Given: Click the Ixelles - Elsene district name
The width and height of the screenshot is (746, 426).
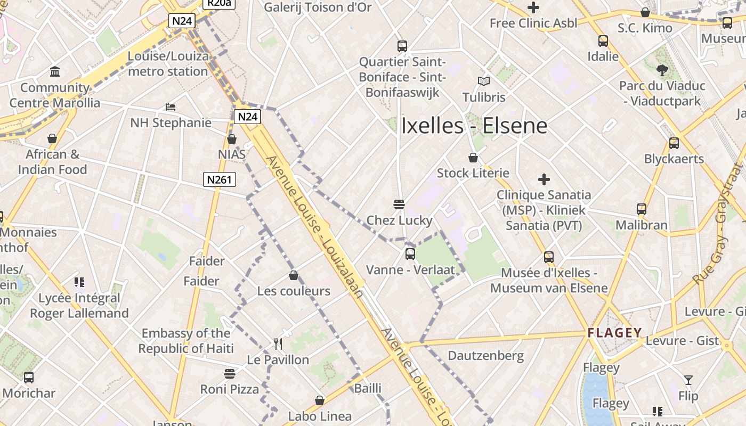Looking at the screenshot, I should [474, 126].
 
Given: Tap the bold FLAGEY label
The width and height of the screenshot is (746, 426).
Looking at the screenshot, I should [614, 333].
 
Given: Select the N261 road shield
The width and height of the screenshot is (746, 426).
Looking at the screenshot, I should [220, 179].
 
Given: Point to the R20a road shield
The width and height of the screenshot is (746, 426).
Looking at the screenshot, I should [219, 3].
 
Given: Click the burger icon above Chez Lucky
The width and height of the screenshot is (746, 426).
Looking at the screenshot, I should [399, 204].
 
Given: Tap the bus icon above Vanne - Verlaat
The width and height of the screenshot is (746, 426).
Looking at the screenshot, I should [410, 254].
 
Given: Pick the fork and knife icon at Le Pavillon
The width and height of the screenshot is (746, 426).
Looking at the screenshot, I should [278, 343].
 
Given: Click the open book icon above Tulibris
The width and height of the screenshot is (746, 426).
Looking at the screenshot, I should [484, 81].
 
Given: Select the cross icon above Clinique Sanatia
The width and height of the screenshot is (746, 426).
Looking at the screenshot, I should [544, 179].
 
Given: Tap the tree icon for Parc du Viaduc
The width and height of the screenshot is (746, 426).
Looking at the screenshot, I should [662, 70].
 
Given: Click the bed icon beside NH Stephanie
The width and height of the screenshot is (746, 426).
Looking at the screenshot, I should [171, 107].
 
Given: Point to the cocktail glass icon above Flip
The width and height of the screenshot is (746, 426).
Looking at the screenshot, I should [688, 380].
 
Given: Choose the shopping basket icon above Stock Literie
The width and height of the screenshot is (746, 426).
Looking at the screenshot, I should [473, 158].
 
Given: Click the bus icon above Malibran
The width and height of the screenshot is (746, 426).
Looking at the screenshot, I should [642, 209].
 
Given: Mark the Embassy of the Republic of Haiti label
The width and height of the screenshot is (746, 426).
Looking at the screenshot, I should [186, 341].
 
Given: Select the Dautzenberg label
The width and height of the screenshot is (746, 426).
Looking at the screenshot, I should [485, 356].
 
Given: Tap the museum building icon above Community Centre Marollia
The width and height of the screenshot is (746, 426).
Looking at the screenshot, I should [55, 72].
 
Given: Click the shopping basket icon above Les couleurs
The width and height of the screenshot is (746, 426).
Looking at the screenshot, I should [294, 275].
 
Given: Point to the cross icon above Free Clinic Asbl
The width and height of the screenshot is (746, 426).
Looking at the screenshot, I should [533, 7].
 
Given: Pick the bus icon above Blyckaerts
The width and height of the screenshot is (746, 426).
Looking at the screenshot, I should [674, 143].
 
